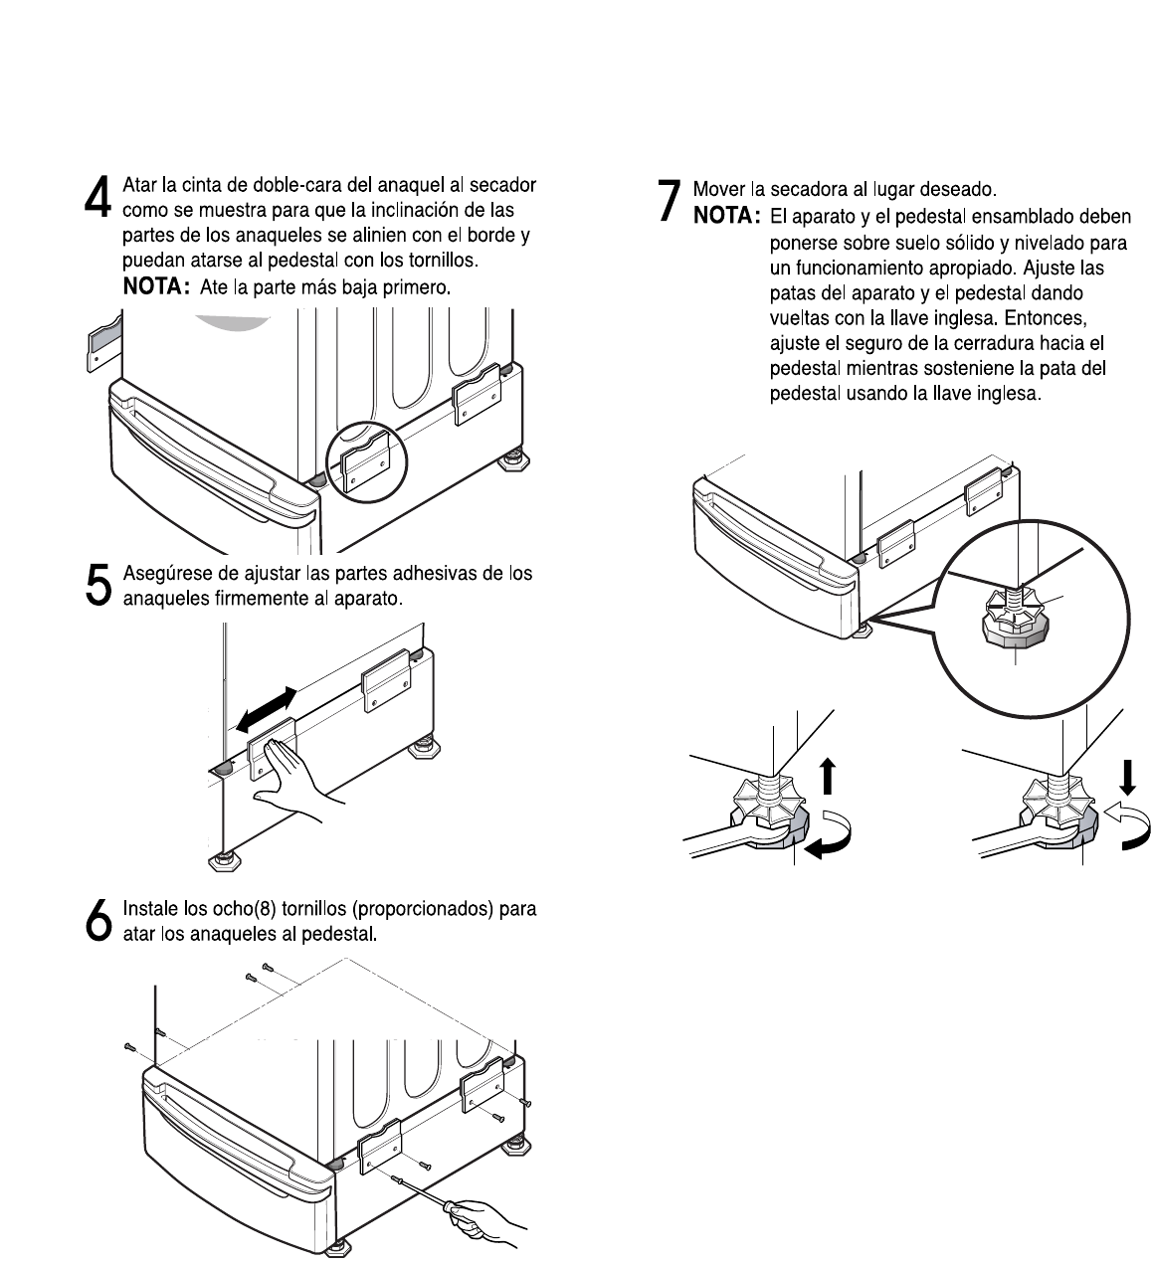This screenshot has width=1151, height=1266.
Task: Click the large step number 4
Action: (x=97, y=198)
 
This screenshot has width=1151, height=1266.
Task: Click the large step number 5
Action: (x=97, y=585)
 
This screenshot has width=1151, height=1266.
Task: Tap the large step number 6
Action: (x=97, y=920)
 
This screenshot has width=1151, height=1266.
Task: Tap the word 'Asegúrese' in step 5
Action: (x=162, y=574)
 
